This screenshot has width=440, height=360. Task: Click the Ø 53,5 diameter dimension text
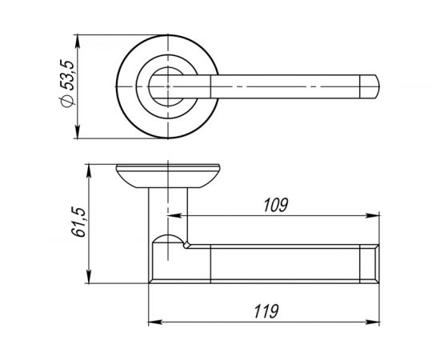pyautogui.click(x=67, y=84)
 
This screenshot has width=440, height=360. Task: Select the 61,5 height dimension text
pyautogui.click(x=78, y=222)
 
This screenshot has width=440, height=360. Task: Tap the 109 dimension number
pyautogui.click(x=276, y=205)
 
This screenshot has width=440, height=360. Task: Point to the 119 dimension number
pyautogui.click(x=266, y=311)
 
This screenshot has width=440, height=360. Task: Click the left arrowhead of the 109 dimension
pyautogui.click(x=174, y=216)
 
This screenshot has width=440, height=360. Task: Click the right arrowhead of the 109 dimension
pyautogui.click(x=373, y=216)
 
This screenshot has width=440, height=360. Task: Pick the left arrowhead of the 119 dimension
pyautogui.click(x=155, y=322)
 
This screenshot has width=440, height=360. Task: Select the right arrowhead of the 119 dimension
pyautogui.click(x=373, y=322)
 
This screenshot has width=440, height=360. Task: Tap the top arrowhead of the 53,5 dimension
pyautogui.click(x=78, y=42)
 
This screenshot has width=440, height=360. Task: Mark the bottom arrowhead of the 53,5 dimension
pyautogui.click(x=78, y=132)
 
